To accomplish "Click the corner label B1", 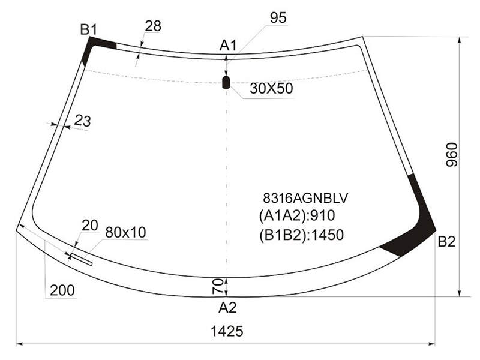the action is pos(88,29).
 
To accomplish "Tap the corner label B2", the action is pos(446,242).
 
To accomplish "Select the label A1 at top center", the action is pos(228,46).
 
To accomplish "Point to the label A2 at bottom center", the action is pos(227,307).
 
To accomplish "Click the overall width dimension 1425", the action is pos(227,331).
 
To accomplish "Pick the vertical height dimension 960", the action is pos(452,155).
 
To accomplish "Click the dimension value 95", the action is pos(278,18).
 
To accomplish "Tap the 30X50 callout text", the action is pos(271,88).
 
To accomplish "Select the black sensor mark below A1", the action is pos(226,83).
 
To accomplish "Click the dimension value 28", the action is pos(153,26).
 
